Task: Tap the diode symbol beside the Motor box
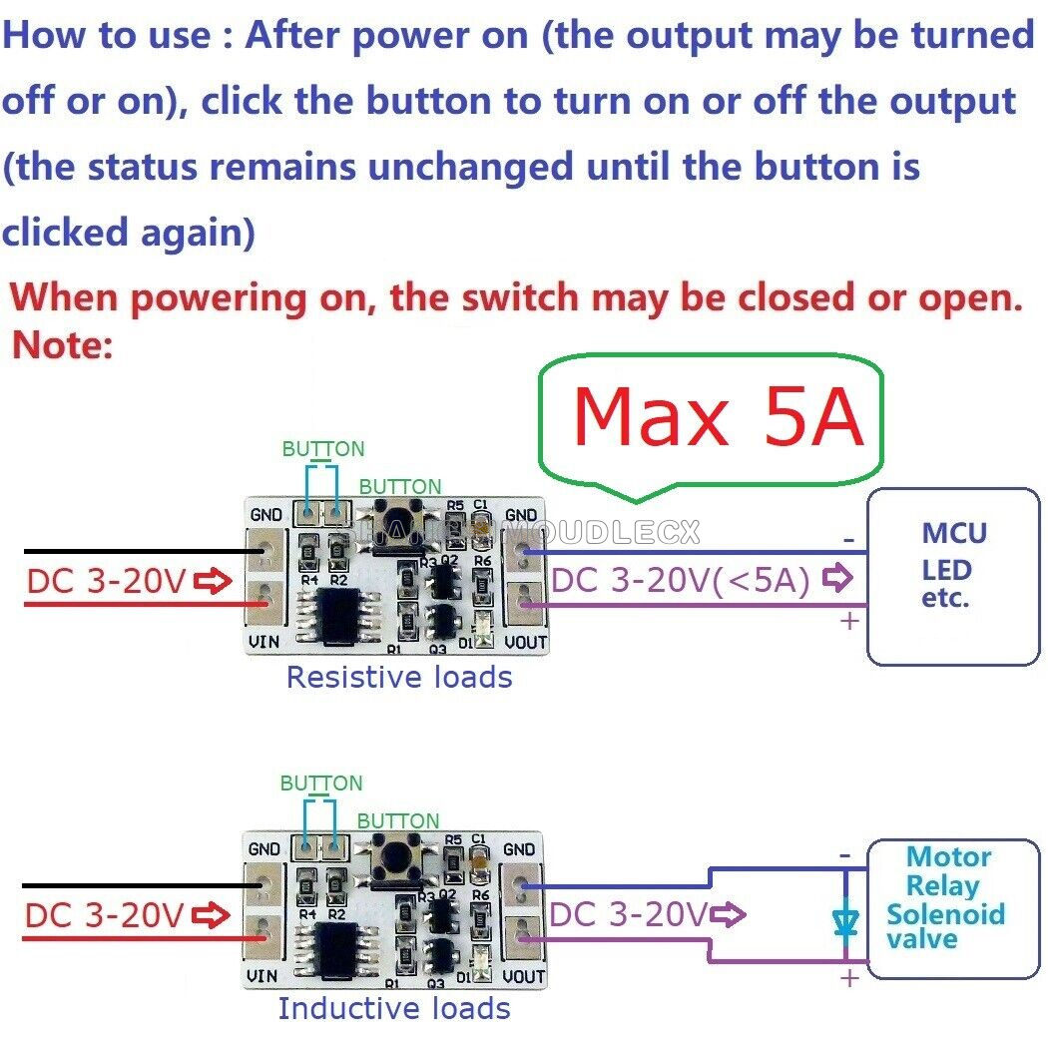click(845, 919)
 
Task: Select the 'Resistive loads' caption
click(398, 678)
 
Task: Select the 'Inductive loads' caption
click(394, 1008)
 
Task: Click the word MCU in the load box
click(954, 532)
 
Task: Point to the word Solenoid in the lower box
click(945, 914)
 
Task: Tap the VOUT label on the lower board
click(523, 976)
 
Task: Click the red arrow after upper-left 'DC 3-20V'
click(211, 581)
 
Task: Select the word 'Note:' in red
click(64, 345)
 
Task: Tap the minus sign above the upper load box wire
click(849, 540)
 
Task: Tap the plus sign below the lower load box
click(849, 978)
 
